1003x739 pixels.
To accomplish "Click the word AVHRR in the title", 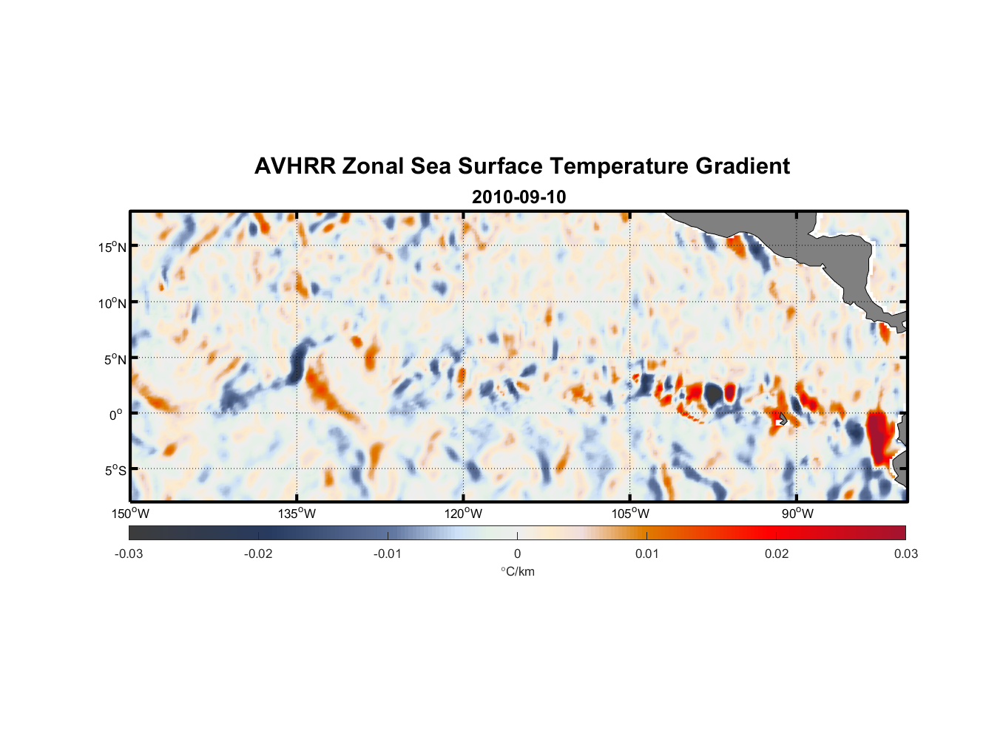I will (x=294, y=166).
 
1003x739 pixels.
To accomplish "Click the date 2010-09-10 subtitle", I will (x=519, y=197).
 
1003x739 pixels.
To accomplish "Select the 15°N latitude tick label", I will (x=112, y=247).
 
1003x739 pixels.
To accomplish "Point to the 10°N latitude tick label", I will (x=112, y=303).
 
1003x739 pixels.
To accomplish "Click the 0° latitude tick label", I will (x=116, y=415).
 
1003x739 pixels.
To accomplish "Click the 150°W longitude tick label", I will (x=130, y=514).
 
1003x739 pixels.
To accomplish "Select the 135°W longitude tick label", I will (x=297, y=514).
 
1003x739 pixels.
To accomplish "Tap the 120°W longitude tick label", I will (x=463, y=514).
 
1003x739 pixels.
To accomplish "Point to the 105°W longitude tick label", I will (x=630, y=514).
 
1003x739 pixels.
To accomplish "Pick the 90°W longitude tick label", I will (x=797, y=514).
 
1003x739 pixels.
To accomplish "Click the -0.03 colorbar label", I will (x=129, y=554).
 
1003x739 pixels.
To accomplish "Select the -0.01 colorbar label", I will (x=388, y=554).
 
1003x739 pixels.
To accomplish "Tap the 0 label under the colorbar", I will (x=517, y=554).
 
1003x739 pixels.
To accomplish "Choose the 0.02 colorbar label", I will (x=777, y=554).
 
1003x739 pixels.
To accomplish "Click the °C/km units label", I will (x=517, y=571).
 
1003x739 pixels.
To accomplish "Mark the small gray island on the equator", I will (x=783, y=419).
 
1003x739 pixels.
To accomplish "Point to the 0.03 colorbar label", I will (x=905, y=554).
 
